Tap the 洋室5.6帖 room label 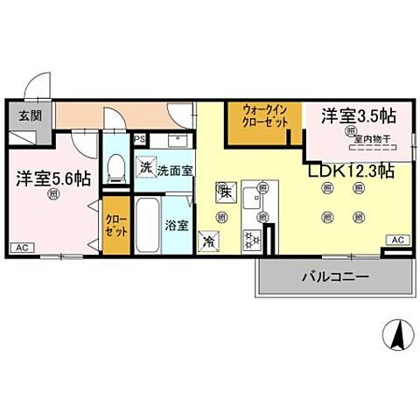pyautogui.click(x=52, y=178)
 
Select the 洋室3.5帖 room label pyautogui.click(x=357, y=115)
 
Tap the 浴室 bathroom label pyautogui.click(x=176, y=225)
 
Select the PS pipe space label pyautogui.click(x=139, y=138)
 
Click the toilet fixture pyautogui.click(x=115, y=169)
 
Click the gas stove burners pyautogui.click(x=252, y=237)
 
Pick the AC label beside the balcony pyautogui.click(x=396, y=240)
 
